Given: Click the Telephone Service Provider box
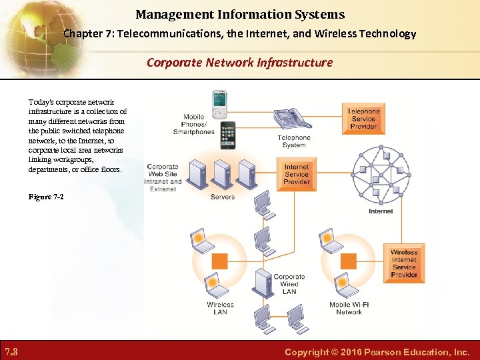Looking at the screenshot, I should coord(363,119).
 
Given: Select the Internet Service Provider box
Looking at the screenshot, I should coord(296,175).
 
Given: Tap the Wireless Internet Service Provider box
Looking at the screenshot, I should coord(404,263).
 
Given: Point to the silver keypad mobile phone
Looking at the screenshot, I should coord(219,103).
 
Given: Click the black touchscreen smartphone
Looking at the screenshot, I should coord(227,135).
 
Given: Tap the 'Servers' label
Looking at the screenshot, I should coord(223,197).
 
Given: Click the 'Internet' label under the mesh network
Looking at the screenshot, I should coord(381,211).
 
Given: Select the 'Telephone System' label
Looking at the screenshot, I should coord(294,141).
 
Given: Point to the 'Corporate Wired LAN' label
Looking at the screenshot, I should coord(289,284).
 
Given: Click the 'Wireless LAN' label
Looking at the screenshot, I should coord(220,308).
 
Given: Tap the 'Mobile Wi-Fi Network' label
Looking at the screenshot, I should coord(349,308).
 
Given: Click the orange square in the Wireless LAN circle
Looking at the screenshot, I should coord(219,261).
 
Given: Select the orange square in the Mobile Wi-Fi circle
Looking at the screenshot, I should coord(347,260).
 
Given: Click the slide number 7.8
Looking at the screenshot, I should coord(11,351).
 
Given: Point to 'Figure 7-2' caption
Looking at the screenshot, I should coord(46,197).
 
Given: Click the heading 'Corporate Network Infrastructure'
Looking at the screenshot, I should coord(239,63).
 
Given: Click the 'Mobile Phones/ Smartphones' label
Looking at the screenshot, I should coord(194,124).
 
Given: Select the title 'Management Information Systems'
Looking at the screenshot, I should coord(240,14).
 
